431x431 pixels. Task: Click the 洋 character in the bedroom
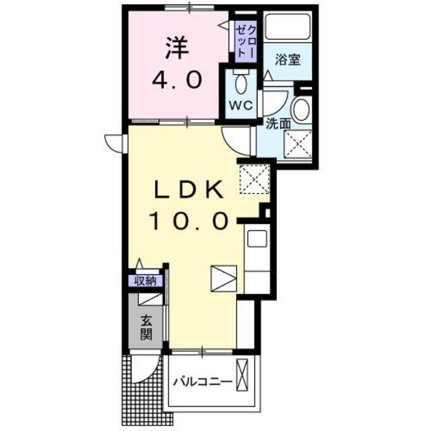coord(176,47)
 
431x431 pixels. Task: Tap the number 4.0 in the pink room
coord(176,80)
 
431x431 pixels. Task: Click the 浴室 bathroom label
coord(287,60)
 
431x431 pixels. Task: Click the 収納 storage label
coord(145,280)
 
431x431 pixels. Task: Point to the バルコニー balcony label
coord(202,382)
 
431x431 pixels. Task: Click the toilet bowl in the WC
coord(241,84)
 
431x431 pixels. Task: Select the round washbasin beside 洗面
coord(301,109)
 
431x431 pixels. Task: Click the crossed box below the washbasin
coord(298,143)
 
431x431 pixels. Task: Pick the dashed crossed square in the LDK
coord(255,178)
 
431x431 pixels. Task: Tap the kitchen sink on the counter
coord(257,237)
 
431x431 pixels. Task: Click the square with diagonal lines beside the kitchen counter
coord(224,277)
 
